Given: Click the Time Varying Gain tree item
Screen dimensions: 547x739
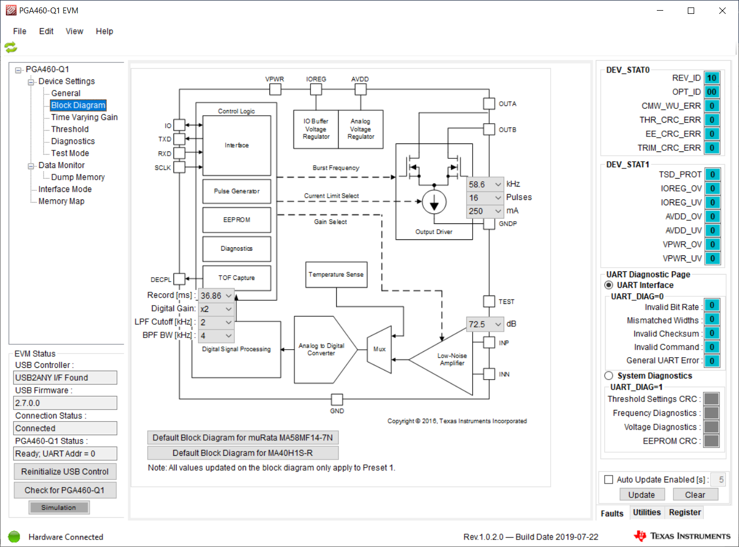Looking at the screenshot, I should (84, 117).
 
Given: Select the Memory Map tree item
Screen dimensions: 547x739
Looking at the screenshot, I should (61, 201).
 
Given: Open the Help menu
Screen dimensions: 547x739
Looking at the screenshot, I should (104, 31).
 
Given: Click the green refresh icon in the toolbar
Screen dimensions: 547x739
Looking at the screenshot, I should (11, 47).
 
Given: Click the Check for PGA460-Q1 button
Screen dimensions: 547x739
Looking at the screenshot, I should (65, 490).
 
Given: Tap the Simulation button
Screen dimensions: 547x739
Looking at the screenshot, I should (59, 508).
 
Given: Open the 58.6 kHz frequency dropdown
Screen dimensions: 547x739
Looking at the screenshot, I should (485, 184).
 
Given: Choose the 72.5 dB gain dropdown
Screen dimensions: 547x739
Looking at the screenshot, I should (485, 324).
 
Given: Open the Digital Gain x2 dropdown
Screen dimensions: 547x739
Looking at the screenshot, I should (216, 309).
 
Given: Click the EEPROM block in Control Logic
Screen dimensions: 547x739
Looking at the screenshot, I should (236, 220).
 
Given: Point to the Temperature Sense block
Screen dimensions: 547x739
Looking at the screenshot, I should (336, 275).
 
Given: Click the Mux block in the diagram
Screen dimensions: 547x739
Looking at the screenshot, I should (379, 349).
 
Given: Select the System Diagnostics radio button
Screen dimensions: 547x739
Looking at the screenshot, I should (609, 376).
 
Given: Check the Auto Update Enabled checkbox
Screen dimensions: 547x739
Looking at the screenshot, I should (609, 479).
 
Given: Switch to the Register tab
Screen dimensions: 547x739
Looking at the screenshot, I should (685, 512).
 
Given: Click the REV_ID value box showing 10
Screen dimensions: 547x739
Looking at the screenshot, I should (712, 78).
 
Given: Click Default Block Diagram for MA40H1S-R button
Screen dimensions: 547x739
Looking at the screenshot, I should (243, 453).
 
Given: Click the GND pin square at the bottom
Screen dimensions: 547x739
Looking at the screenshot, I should (337, 399).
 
